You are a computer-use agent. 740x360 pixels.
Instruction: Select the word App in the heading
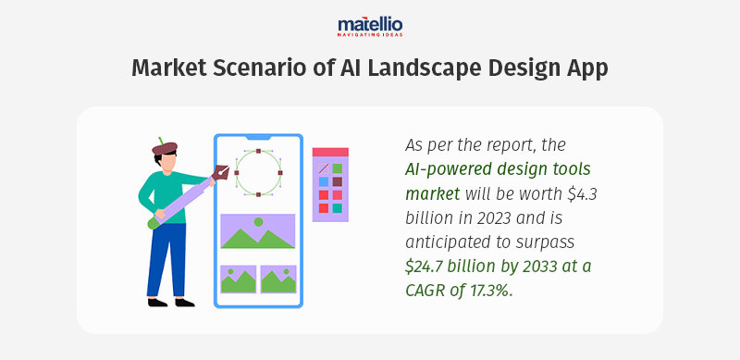(x=585, y=68)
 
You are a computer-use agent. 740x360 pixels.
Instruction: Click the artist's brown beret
(x=165, y=147)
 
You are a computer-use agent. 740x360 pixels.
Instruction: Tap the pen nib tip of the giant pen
(x=223, y=171)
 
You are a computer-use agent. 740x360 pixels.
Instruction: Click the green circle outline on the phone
(x=257, y=172)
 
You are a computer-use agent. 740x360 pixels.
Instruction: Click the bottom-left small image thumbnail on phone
(x=238, y=279)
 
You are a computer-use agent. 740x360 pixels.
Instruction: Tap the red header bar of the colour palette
(x=329, y=152)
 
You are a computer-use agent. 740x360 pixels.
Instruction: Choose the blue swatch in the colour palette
(x=324, y=181)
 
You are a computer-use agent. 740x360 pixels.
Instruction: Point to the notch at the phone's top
(x=258, y=137)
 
